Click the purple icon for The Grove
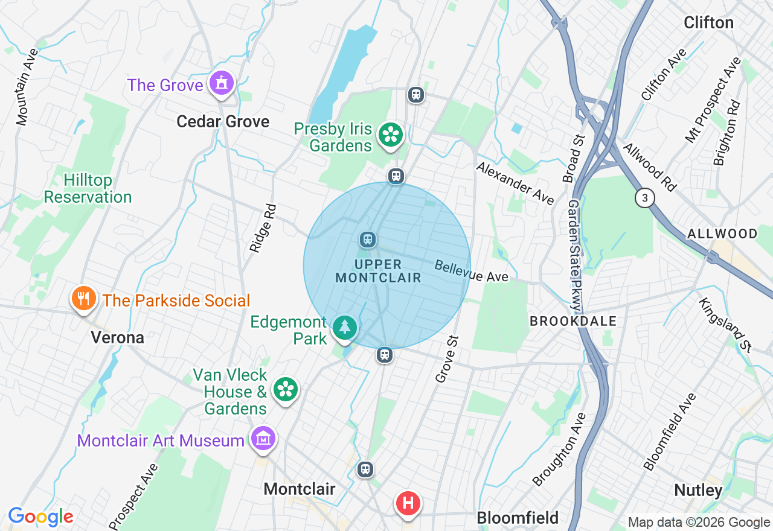pos(222,83)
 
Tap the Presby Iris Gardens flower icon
pos(391,135)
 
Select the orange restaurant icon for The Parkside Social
pos(84,298)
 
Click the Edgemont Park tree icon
pos(345,328)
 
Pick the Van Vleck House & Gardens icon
pos(285,389)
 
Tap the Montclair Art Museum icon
pos(263,439)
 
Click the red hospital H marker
pos(408,503)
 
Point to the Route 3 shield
pos(645,197)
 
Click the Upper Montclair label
pos(378,271)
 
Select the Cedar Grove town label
pos(223,121)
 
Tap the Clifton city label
pos(708,23)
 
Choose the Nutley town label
pos(698,490)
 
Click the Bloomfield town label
pos(518,517)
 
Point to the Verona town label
pos(118,337)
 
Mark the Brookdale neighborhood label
pos(573,321)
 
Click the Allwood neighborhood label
pos(722,234)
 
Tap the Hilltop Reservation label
pos(88,189)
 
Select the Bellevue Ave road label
pos(472,272)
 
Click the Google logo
pos(40,517)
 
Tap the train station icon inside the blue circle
pos(367,240)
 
